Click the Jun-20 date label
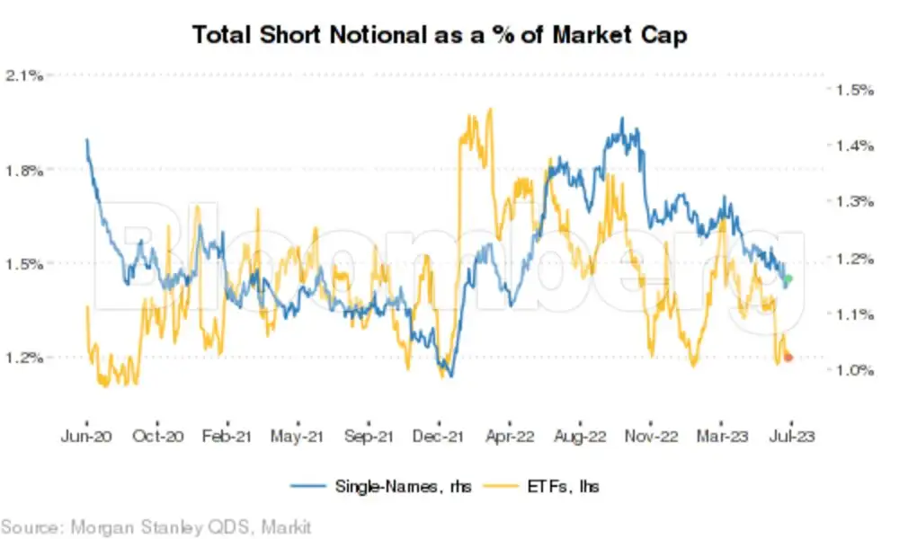point(87,437)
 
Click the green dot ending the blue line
point(788,279)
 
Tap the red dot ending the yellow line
point(788,358)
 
